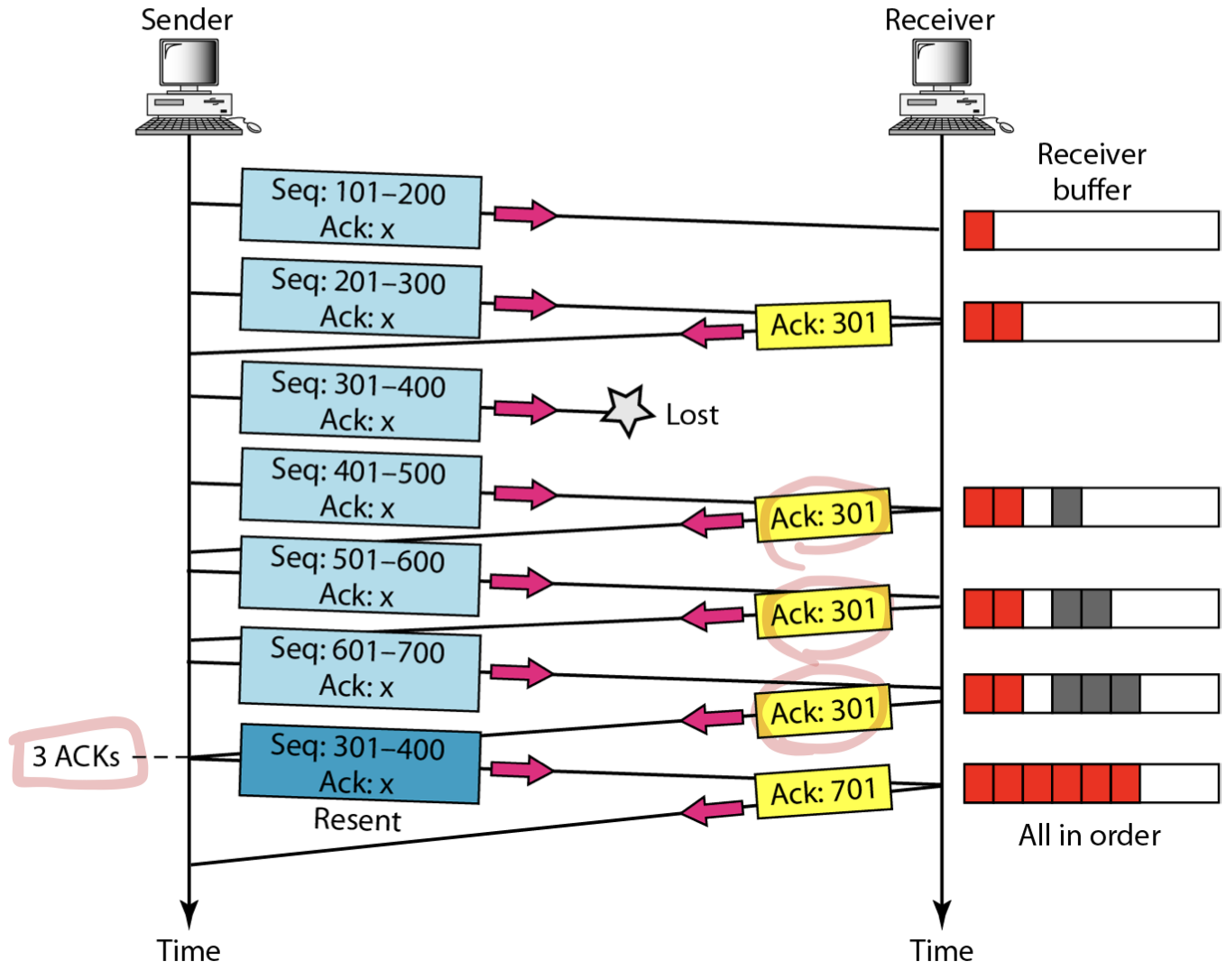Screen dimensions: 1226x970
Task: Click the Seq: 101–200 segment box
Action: click(x=361, y=208)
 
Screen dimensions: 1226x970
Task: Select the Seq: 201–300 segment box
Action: click(x=361, y=298)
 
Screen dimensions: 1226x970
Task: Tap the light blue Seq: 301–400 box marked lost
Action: click(x=361, y=402)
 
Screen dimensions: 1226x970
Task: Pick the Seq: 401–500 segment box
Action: click(x=361, y=488)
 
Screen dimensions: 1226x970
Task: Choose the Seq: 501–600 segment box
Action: click(x=359, y=576)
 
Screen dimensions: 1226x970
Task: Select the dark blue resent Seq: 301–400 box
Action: click(x=359, y=763)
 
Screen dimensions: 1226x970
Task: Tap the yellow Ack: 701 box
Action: click(x=824, y=791)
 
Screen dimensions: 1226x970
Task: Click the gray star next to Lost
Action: click(x=627, y=411)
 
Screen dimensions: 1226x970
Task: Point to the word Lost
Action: click(x=692, y=415)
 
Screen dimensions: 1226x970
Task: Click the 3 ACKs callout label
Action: click(x=77, y=756)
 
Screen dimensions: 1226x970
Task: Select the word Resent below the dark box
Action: click(x=357, y=820)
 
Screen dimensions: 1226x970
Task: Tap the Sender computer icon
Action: click(x=198, y=87)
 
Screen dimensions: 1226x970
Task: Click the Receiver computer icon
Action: click(x=950, y=87)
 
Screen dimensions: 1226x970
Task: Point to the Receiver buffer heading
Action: click(x=1092, y=171)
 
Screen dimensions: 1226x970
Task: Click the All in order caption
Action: click(x=1089, y=836)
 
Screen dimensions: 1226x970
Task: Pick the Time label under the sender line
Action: click(x=188, y=951)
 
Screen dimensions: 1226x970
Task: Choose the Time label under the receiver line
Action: click(x=941, y=951)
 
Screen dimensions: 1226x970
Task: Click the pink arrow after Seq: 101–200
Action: click(x=525, y=215)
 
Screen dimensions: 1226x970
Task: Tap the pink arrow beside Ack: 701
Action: click(x=712, y=810)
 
